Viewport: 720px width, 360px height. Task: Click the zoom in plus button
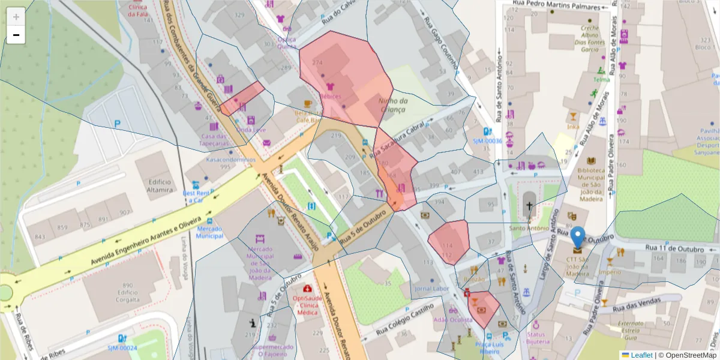[x=16, y=17]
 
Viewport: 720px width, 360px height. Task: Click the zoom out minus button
[x=16, y=35]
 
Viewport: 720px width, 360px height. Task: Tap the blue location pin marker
[x=577, y=238]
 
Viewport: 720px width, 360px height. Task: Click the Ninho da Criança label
[x=392, y=105]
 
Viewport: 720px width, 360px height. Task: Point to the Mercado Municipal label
[x=210, y=232]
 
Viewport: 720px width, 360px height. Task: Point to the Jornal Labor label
[x=432, y=289]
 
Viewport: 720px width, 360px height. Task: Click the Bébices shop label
[x=331, y=96]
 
